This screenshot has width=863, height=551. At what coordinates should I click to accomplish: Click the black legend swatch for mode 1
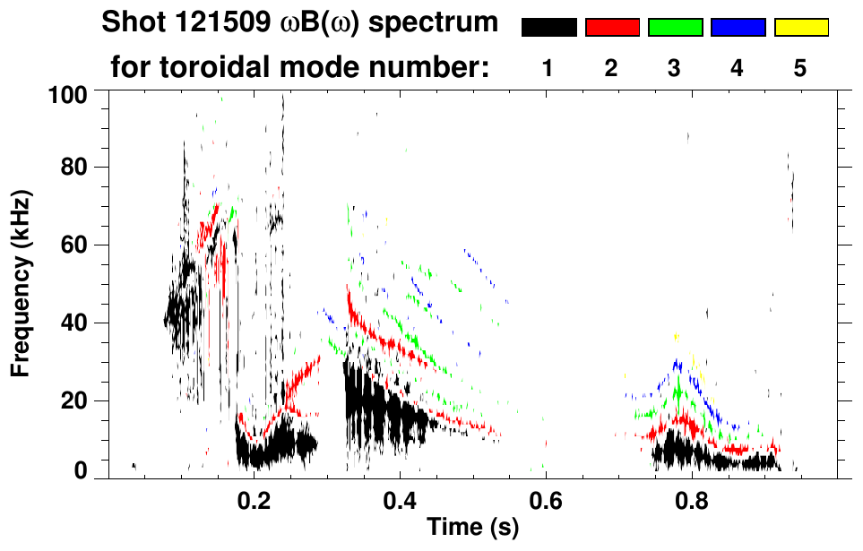[x=548, y=28]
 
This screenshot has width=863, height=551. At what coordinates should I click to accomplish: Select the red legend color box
[x=612, y=28]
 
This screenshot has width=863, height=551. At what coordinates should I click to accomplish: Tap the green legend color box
[x=675, y=28]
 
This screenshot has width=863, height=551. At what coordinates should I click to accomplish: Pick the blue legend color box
[x=738, y=28]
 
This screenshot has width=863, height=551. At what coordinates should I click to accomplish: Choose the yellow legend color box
[x=801, y=28]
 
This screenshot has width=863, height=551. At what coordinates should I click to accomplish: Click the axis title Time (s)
[x=471, y=528]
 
